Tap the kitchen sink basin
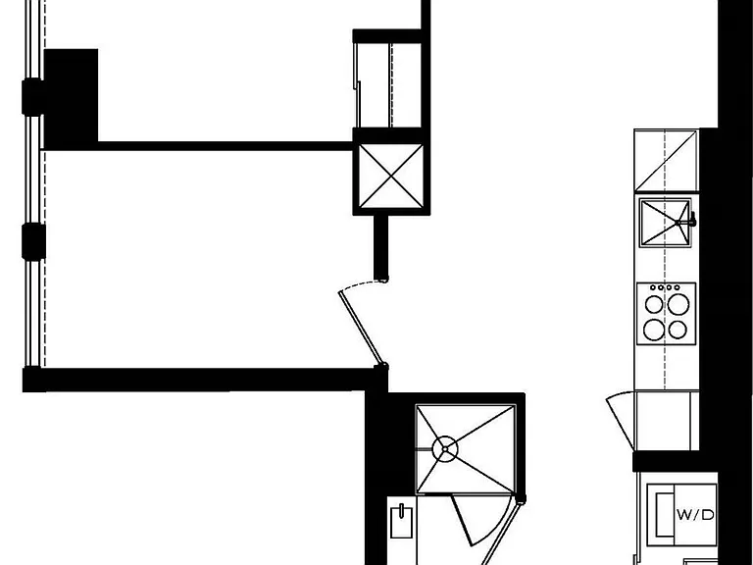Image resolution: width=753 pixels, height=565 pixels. (x=665, y=223)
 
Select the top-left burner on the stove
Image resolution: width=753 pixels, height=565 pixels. (x=654, y=304)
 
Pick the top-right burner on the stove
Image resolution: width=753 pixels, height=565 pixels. (x=678, y=304)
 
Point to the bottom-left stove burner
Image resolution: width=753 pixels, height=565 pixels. (x=654, y=330)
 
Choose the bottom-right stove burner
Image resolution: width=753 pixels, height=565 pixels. (x=678, y=330)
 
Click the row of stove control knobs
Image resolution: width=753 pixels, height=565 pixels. (x=665, y=287)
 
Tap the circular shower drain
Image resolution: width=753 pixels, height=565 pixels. (x=445, y=448)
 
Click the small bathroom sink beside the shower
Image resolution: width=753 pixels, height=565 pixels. (x=401, y=521)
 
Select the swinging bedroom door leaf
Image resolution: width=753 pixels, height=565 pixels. (x=361, y=328)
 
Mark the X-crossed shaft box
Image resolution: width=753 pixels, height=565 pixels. (x=391, y=177)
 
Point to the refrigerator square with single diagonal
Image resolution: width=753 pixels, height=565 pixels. (x=666, y=161)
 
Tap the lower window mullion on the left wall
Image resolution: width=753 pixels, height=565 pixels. (x=33, y=241)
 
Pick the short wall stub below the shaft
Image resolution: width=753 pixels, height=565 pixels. (x=380, y=248)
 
